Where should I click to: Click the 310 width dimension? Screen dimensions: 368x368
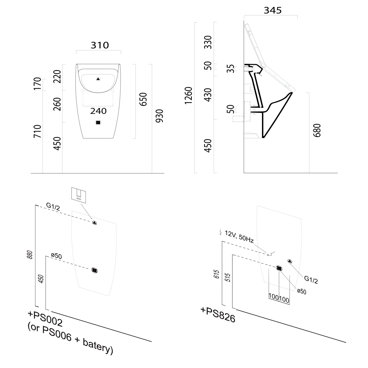[x=99, y=45]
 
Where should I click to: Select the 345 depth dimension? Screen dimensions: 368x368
[x=273, y=11]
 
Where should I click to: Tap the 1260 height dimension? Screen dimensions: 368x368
[x=188, y=95]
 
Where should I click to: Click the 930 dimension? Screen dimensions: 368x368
[x=159, y=116]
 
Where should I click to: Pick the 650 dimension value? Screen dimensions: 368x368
[x=143, y=99]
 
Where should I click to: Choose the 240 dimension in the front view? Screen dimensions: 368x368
[x=98, y=111]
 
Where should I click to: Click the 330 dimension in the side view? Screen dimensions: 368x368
[x=208, y=42]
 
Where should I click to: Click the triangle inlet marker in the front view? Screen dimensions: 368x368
[x=98, y=79]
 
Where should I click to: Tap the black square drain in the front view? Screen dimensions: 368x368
[x=98, y=123]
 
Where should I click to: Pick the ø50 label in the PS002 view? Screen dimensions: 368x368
[x=56, y=256]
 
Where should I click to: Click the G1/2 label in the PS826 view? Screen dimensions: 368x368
[x=311, y=280]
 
